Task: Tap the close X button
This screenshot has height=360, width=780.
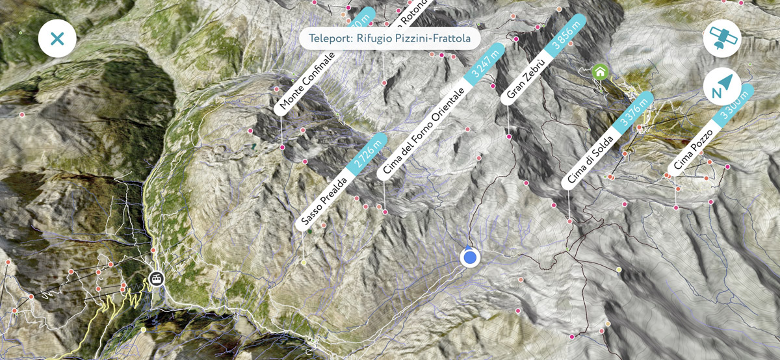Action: (57, 38)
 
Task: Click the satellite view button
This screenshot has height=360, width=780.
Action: (722, 38)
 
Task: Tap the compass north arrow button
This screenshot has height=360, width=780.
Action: (722, 87)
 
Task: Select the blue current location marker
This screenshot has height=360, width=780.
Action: (469, 257)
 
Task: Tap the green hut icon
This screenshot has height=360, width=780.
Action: (599, 71)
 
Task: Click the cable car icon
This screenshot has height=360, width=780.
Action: (156, 279)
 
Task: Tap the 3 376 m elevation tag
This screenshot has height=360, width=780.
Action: (634, 112)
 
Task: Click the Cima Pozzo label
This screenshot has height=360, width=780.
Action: (693, 150)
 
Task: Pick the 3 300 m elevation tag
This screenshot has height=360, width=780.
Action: (734, 105)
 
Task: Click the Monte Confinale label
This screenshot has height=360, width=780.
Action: (307, 83)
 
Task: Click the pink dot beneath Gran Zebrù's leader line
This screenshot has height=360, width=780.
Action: (508, 137)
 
